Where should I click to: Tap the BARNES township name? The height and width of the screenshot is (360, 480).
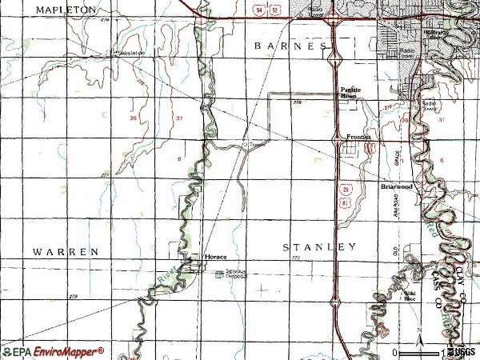[290, 46]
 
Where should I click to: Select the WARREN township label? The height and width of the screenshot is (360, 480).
[66, 251]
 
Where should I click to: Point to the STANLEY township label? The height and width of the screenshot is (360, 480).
[319, 247]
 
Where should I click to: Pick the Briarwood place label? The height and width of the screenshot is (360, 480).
[395, 186]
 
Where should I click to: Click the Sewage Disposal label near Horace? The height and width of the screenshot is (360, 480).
[234, 274]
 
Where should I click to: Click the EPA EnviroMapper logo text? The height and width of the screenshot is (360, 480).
[53, 350]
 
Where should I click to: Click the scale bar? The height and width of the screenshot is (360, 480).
[420, 352]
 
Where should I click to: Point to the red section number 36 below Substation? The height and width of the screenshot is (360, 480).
[132, 118]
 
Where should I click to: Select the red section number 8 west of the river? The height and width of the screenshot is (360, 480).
[178, 160]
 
